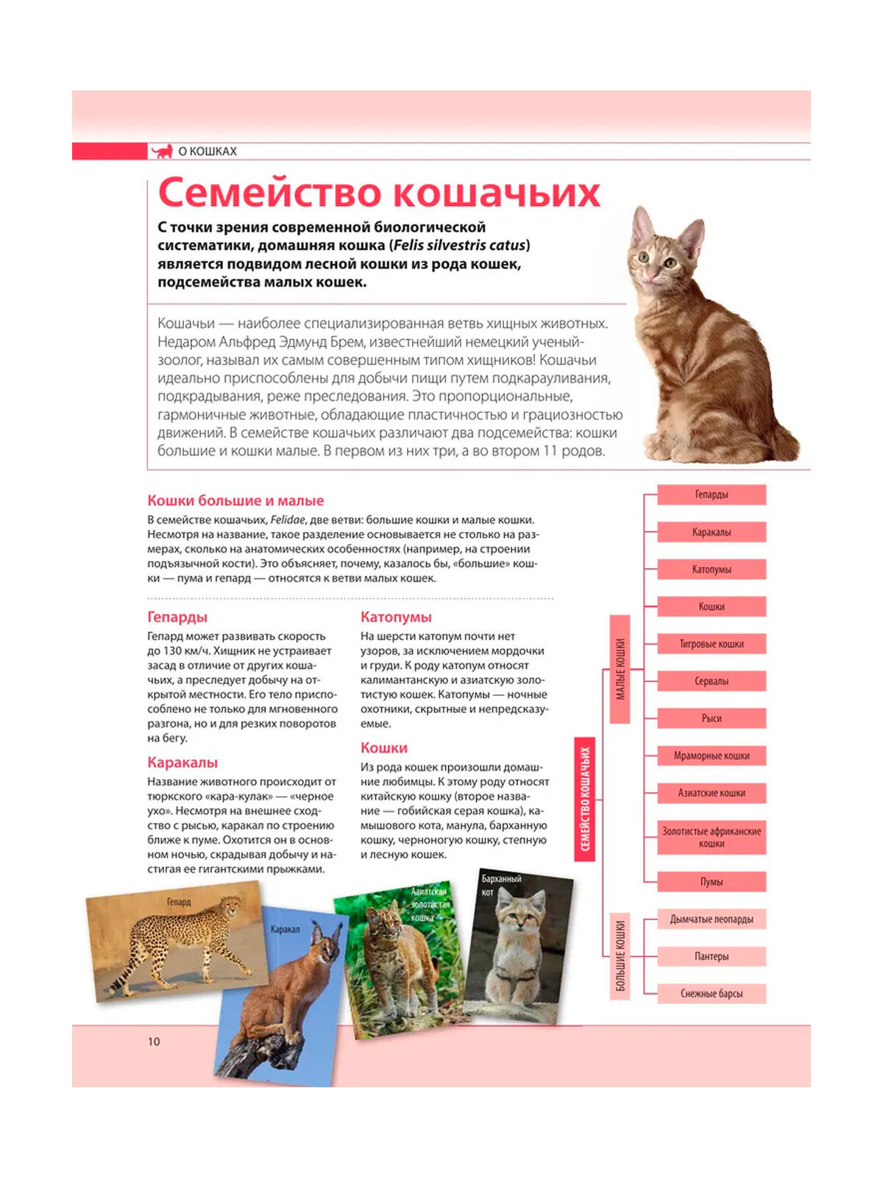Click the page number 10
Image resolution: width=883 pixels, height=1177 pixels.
pos(154,1041)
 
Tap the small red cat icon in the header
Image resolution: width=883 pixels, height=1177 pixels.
pos(163,152)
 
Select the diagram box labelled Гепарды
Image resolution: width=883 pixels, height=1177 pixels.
pos(711,494)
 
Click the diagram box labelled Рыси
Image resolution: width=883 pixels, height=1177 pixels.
pos(711,718)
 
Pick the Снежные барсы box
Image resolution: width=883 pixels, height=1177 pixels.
pos(711,993)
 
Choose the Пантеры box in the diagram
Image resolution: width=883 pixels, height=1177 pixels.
pos(711,956)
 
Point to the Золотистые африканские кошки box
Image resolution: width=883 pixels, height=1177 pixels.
pos(711,837)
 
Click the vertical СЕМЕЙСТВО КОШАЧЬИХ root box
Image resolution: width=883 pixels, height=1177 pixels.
pos(585,799)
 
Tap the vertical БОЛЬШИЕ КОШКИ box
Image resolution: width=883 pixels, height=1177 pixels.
pos(620,956)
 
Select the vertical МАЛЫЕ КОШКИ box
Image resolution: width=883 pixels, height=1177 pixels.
pos(620,669)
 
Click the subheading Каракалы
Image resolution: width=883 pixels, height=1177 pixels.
pos(182,762)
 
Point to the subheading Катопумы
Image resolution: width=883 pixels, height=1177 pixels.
pos(396,617)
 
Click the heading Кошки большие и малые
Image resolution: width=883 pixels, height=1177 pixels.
pos(235,500)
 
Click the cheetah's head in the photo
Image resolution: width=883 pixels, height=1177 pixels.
pos(232,905)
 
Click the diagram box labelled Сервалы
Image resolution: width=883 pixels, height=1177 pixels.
pos(711,681)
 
